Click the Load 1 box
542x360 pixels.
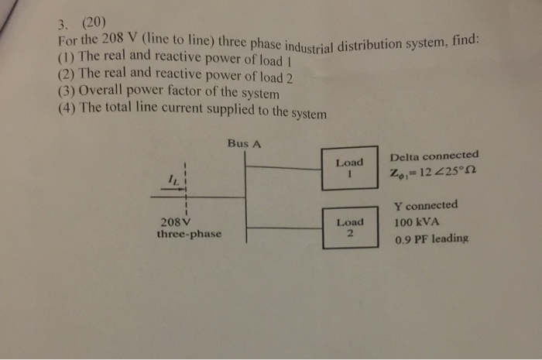pos(349,169)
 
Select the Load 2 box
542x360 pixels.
pos(350,227)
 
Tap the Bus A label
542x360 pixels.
pos(244,143)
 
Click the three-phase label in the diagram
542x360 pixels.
pos(188,232)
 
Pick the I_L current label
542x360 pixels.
pos(174,180)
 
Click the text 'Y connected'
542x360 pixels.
pos(425,207)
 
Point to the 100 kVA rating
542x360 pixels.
pos(417,222)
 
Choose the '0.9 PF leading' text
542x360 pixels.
pos(431,239)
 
